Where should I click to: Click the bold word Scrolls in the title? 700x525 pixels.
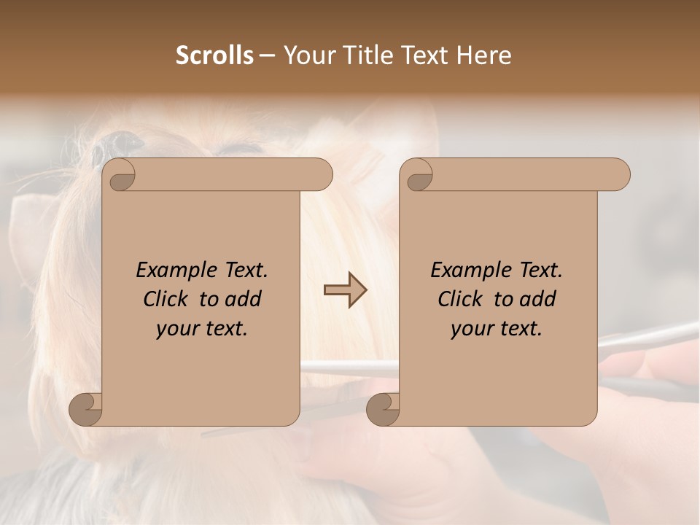click(x=215, y=55)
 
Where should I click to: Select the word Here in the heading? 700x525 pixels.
click(x=483, y=55)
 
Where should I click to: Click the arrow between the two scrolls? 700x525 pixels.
click(x=345, y=290)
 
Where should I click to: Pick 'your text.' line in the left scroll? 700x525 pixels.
click(x=202, y=329)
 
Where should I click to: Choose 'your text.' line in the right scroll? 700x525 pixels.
click(x=497, y=329)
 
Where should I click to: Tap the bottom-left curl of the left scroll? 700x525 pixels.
click(x=86, y=409)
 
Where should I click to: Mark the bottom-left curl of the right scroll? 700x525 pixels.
click(x=383, y=409)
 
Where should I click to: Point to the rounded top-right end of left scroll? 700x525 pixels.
click(x=321, y=174)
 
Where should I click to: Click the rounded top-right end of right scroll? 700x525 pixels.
click(x=618, y=174)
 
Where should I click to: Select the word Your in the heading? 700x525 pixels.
click(x=308, y=55)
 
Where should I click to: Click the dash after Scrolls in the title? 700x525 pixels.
click(x=268, y=56)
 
